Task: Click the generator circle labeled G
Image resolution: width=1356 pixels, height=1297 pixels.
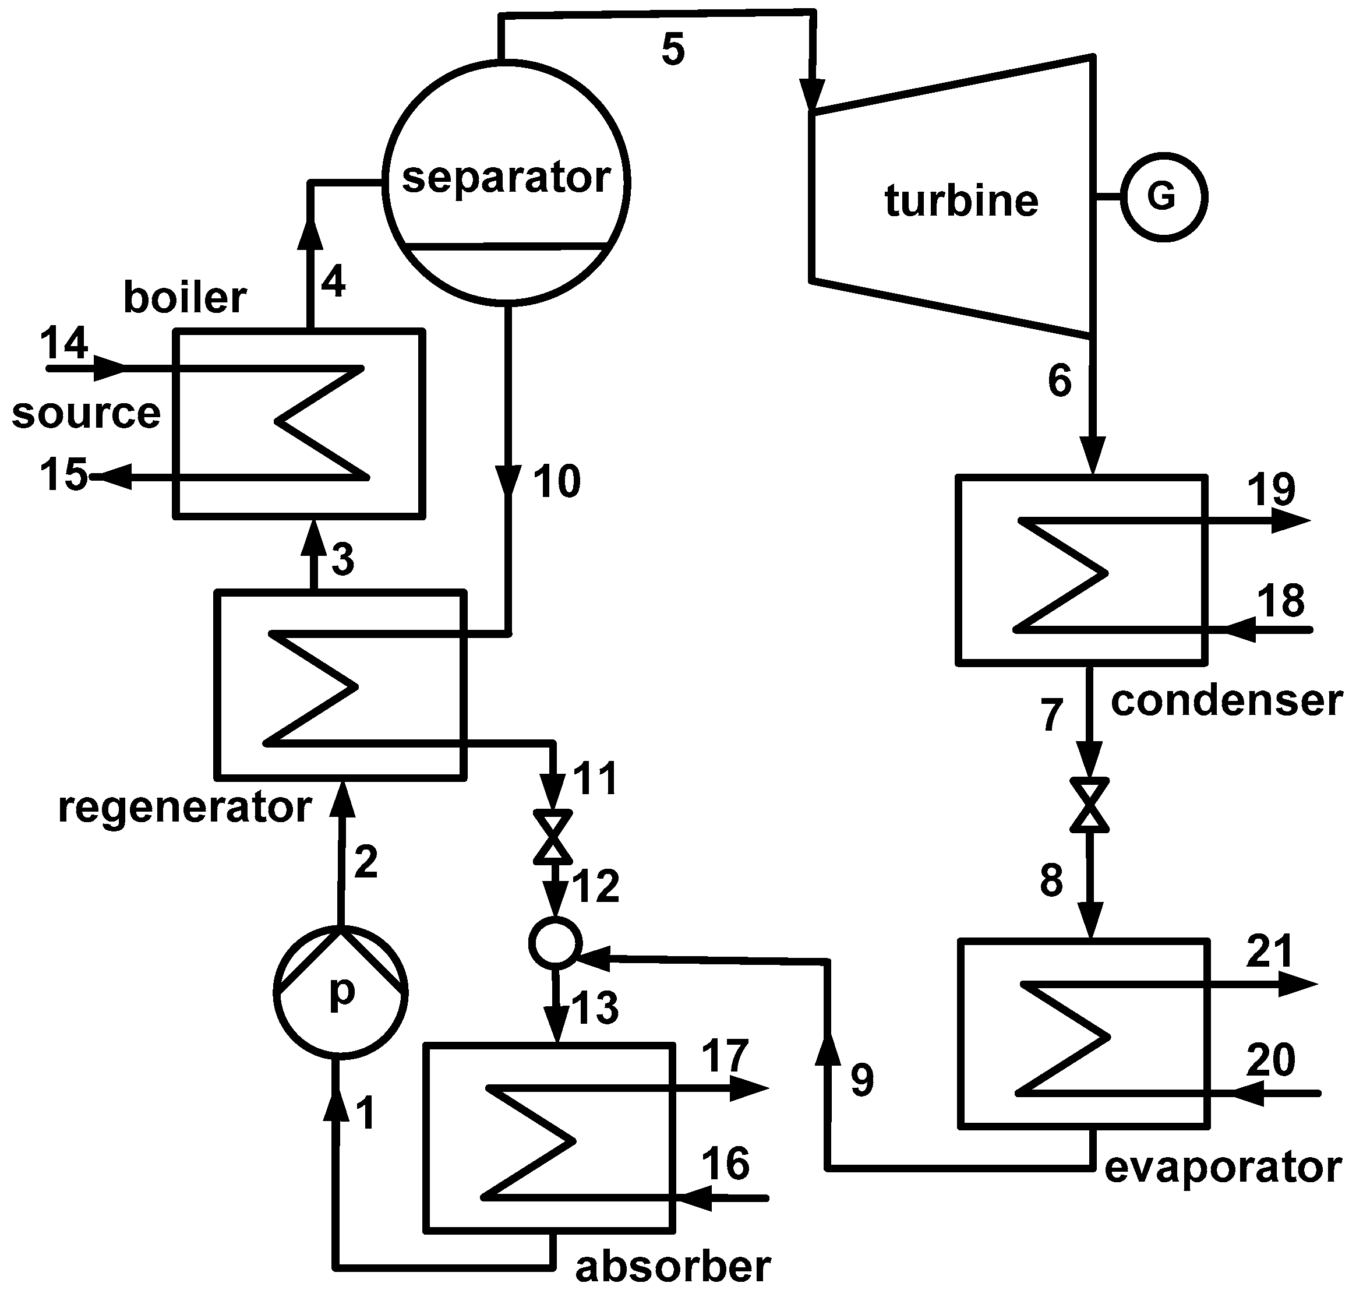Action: click(x=1163, y=197)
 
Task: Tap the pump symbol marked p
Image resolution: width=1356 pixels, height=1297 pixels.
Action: click(x=340, y=993)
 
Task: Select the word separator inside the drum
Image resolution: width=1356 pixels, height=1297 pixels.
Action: click(x=506, y=178)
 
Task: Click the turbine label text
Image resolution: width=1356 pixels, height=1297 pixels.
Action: click(x=961, y=201)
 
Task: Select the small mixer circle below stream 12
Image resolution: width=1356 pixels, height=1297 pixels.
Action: click(x=555, y=942)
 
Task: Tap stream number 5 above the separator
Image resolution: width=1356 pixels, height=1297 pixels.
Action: click(x=673, y=50)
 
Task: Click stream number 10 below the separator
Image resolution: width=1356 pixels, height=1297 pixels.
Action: click(x=556, y=482)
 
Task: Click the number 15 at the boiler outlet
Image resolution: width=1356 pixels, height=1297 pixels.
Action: click(x=63, y=474)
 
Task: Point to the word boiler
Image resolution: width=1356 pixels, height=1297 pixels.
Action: click(x=185, y=298)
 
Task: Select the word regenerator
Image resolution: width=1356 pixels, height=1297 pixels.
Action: click(x=185, y=807)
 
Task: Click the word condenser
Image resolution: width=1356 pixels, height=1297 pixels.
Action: click(x=1226, y=700)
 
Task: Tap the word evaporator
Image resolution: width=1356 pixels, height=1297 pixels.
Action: click(x=1223, y=1167)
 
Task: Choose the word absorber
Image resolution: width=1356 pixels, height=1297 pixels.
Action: click(x=673, y=1267)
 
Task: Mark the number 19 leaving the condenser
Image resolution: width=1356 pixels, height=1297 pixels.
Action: click(x=1270, y=489)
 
